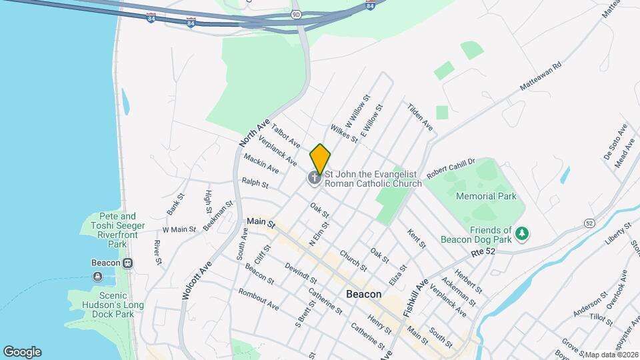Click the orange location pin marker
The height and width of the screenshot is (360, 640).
click(320, 159)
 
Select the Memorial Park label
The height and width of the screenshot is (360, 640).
click(486, 196)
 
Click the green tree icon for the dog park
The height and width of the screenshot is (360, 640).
click(524, 233)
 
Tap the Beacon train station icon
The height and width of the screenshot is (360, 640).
click(127, 263)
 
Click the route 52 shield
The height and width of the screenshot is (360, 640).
click(589, 222)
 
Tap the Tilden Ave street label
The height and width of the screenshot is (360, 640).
click(420, 117)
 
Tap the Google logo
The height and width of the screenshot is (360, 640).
click(22, 351)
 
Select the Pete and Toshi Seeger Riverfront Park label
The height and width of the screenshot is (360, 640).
click(117, 230)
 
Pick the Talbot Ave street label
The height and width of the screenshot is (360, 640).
click(286, 134)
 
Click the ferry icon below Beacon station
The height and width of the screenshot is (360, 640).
click(97, 276)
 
